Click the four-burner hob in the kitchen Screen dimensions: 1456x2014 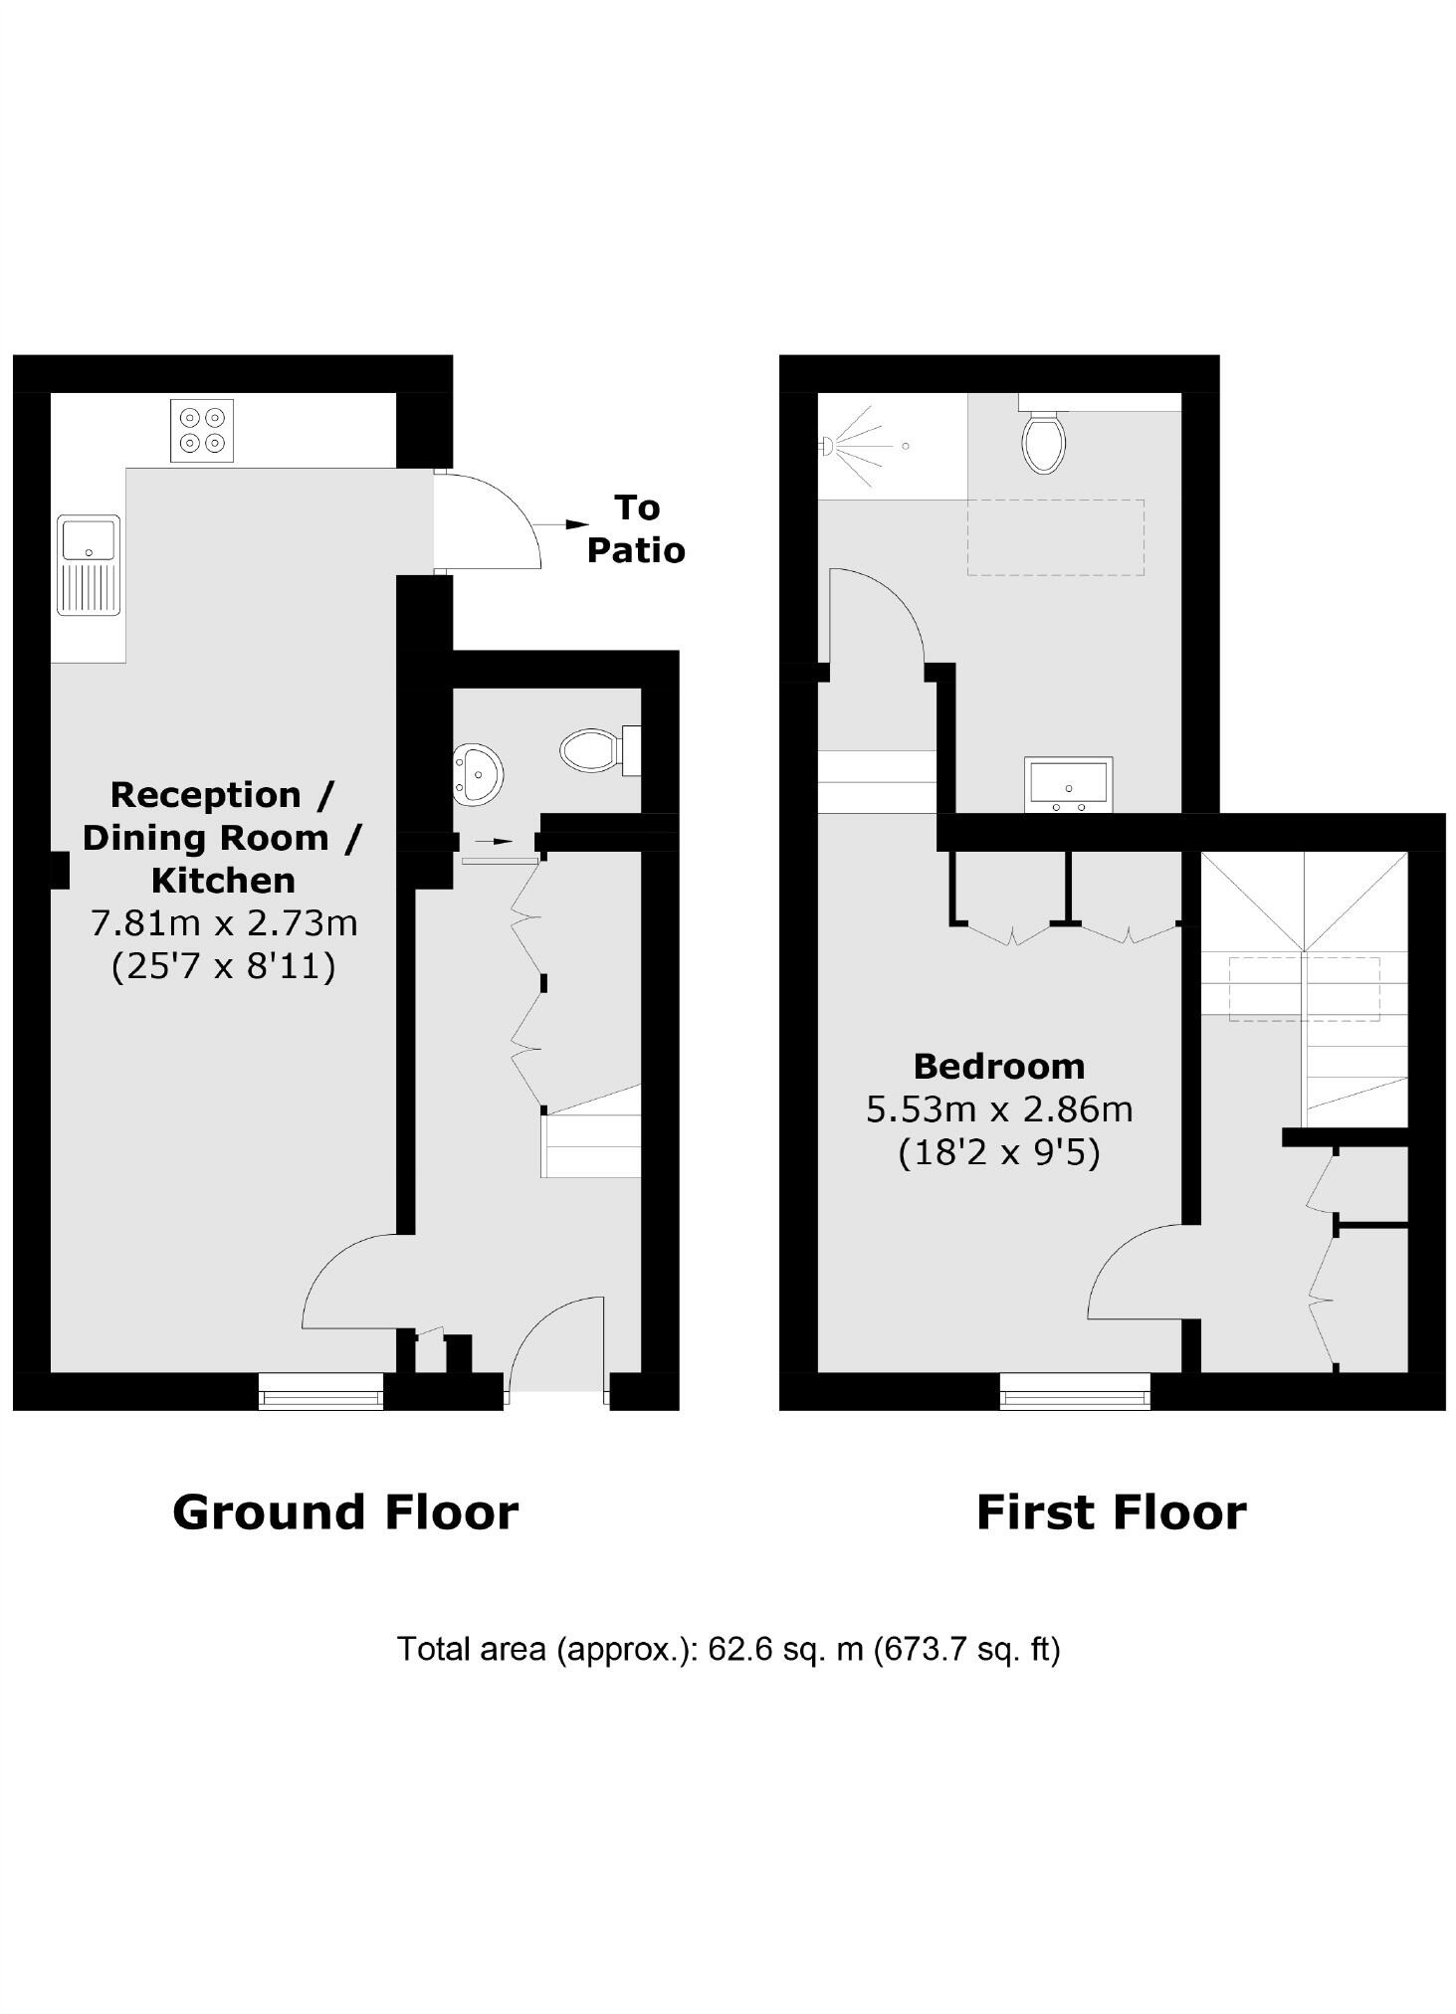[202, 430]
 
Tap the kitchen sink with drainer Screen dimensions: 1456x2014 [89, 564]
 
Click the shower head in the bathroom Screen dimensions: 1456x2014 [826, 446]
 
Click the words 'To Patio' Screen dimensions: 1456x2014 [636, 528]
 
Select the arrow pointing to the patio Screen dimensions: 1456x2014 [561, 523]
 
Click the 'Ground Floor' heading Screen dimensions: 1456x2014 [345, 1512]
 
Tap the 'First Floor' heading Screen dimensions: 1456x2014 [1111, 1512]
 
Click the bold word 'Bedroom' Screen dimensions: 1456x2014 [999, 1066]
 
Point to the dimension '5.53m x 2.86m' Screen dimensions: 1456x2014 [999, 1108]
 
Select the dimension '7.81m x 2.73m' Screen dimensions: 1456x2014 [224, 923]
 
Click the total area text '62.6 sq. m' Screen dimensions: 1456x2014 [785, 1649]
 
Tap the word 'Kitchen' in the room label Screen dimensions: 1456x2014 [223, 880]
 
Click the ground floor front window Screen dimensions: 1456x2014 [320, 1391]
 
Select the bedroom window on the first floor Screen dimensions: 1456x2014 [1075, 1391]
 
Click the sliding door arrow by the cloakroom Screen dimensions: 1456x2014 [495, 841]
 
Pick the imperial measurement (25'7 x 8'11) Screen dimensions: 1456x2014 [224, 966]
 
